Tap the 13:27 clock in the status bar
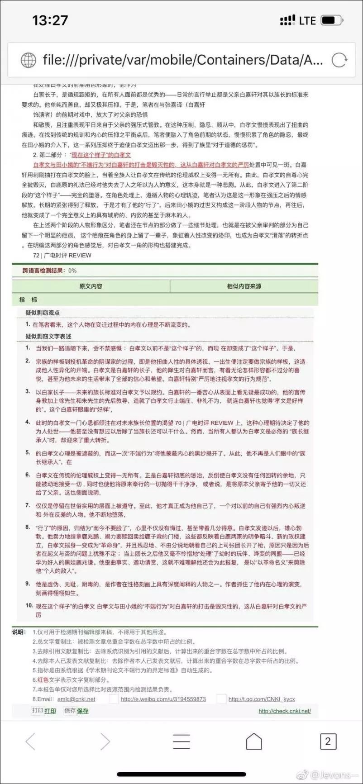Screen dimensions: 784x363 50,20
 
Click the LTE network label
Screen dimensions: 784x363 307,21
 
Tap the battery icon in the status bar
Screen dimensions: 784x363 331,20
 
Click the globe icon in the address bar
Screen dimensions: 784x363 29,60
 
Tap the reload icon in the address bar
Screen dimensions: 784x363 339,60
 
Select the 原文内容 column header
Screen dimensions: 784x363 91,286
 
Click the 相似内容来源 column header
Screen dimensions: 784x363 244,286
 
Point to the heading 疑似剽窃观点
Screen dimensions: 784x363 43,313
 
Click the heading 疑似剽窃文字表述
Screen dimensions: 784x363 48,336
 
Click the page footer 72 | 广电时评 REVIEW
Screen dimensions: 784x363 62,255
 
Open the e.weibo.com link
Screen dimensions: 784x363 163,699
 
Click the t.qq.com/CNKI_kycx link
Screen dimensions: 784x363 262,699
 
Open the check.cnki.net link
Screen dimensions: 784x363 285,711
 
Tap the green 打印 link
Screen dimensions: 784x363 50,711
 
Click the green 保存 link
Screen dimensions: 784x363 83,711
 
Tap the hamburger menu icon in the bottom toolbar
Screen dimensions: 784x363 181,741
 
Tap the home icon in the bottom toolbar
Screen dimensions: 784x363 254,741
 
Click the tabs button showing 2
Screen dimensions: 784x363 328,741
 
